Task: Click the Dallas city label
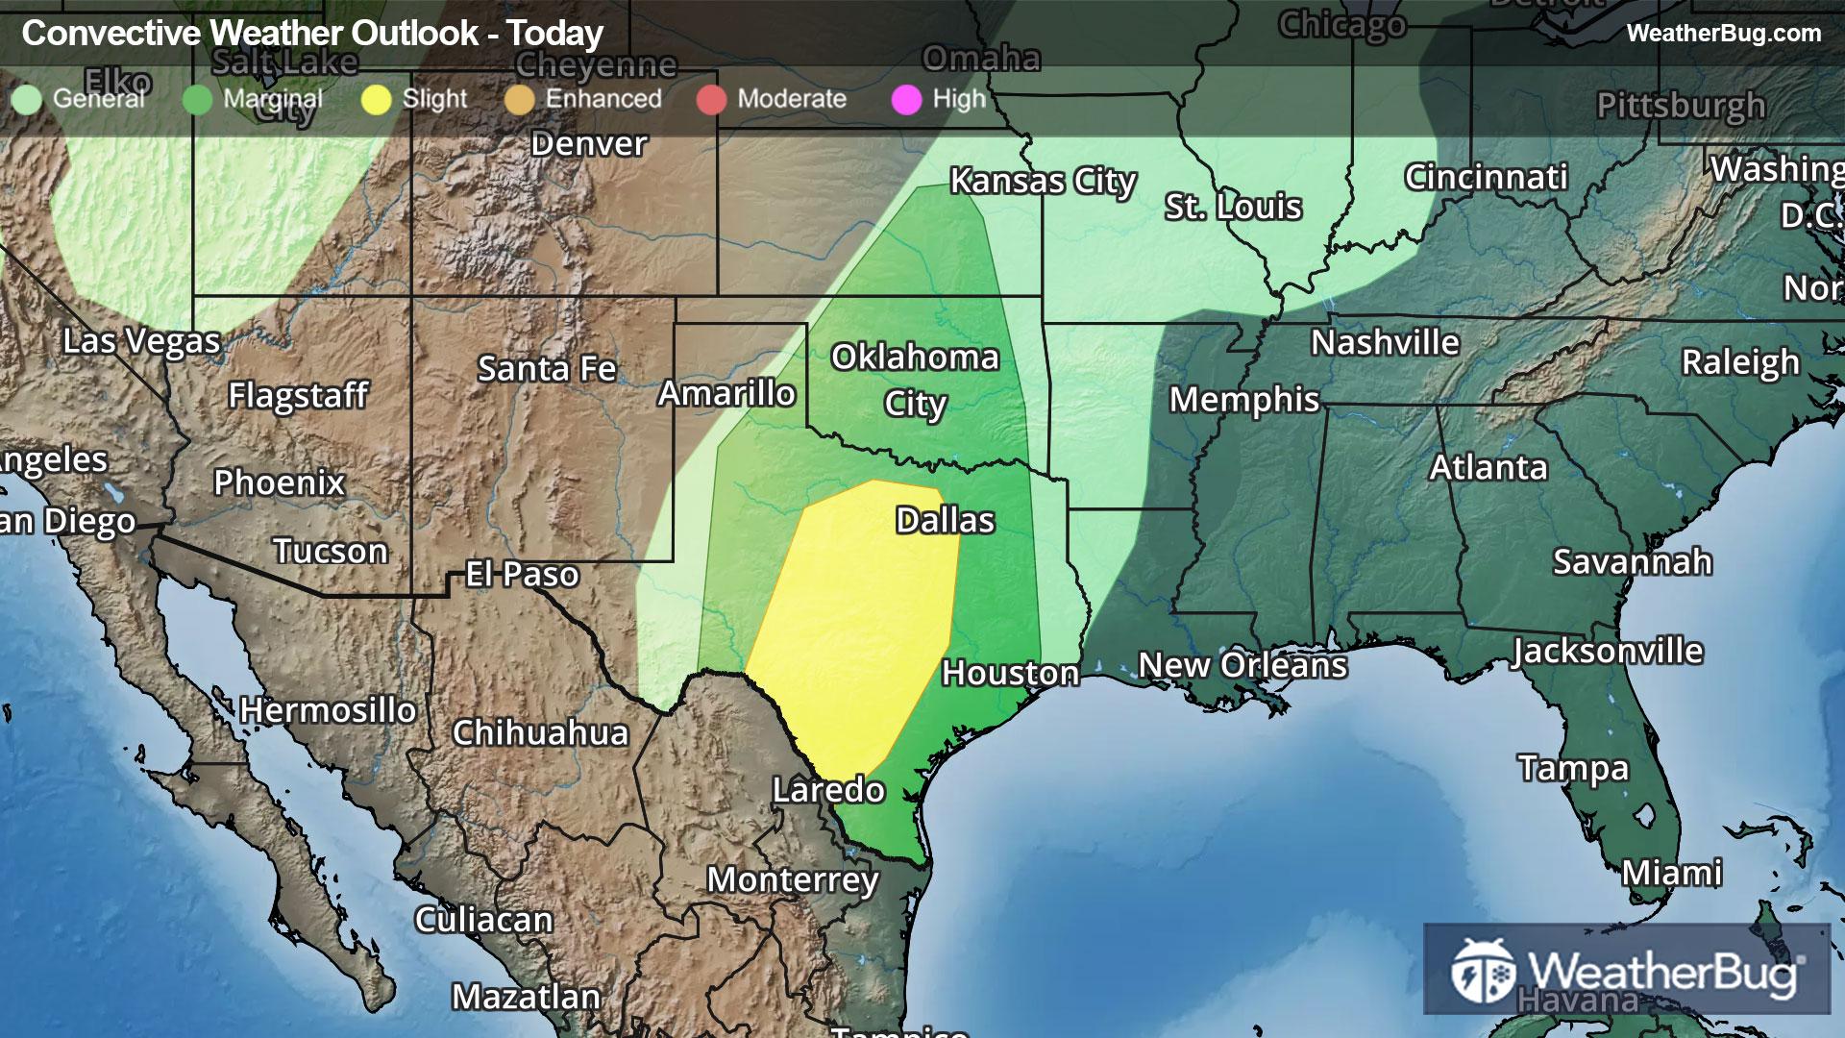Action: (945, 520)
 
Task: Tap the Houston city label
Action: (1010, 673)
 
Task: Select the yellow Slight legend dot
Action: (377, 99)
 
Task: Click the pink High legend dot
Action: (906, 99)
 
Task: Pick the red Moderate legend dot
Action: (711, 99)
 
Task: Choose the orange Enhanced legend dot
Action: (519, 99)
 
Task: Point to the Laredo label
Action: (828, 790)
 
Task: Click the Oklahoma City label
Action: (915, 380)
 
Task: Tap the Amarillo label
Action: (726, 393)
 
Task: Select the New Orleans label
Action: (1242, 665)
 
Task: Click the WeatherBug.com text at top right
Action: (1723, 34)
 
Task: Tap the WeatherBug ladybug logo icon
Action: (1482, 971)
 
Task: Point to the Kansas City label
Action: (1043, 181)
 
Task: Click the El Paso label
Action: (522, 575)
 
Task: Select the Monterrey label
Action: (793, 879)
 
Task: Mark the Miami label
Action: (1672, 873)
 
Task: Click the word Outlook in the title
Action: (415, 34)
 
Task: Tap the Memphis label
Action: (1244, 399)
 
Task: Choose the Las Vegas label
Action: (141, 341)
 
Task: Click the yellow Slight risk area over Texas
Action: (850, 625)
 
